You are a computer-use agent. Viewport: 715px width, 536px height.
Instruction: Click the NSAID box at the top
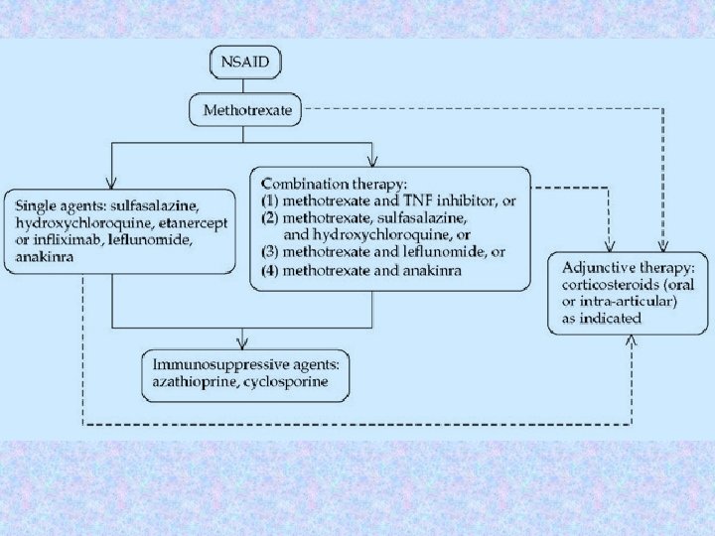click(246, 64)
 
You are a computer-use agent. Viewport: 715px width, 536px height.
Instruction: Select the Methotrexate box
click(247, 110)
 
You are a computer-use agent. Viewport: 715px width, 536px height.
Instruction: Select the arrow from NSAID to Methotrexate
click(246, 86)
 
